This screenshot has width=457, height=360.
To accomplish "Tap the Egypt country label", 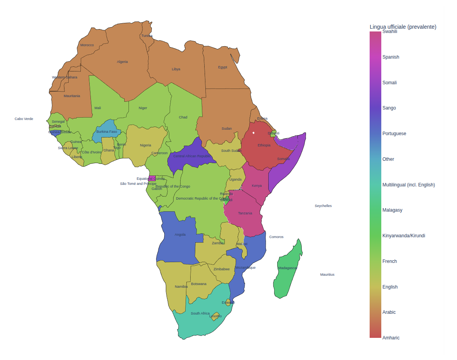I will (222, 67).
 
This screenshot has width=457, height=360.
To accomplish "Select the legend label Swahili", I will (389, 31).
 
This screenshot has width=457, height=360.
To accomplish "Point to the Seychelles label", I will (323, 206).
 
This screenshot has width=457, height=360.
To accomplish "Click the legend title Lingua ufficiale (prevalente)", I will (403, 27).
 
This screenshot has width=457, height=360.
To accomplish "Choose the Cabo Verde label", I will (24, 119).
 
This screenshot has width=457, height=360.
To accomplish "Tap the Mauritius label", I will (327, 275).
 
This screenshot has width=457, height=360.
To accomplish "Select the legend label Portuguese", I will (394, 134).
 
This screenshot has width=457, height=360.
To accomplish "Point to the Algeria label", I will (122, 62).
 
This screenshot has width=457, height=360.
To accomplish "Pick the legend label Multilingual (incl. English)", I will (408, 185).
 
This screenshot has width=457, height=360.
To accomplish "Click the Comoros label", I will (276, 237).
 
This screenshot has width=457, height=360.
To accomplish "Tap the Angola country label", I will (180, 235).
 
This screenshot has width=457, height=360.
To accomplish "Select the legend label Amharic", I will (391, 338).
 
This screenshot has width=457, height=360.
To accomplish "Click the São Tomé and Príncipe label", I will (138, 184).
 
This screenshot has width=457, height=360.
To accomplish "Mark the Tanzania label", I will (245, 213).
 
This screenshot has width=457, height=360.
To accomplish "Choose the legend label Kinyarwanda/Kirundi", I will (403, 236).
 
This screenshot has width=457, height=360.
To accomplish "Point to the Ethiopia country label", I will (264, 145).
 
